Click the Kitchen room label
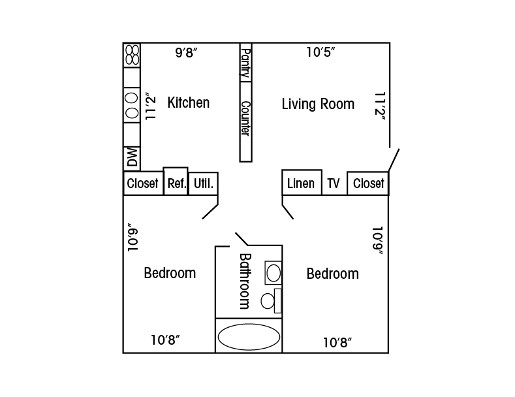[188, 103]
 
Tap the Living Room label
[318, 104]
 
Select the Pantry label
[245, 63]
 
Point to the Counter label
[245, 118]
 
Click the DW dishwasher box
[132, 159]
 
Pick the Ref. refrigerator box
[176, 181]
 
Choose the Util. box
[203, 183]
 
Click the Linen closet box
[302, 182]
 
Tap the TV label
[334, 183]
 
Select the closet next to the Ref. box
[143, 183]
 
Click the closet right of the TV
[368, 183]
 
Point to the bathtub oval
[249, 336]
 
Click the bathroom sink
[273, 273]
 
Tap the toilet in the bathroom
[272, 301]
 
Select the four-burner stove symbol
[132, 55]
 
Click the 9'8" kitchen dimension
[186, 52]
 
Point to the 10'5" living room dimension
[321, 52]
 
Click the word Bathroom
[245, 281]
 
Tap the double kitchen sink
[132, 105]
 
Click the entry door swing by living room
[394, 160]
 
